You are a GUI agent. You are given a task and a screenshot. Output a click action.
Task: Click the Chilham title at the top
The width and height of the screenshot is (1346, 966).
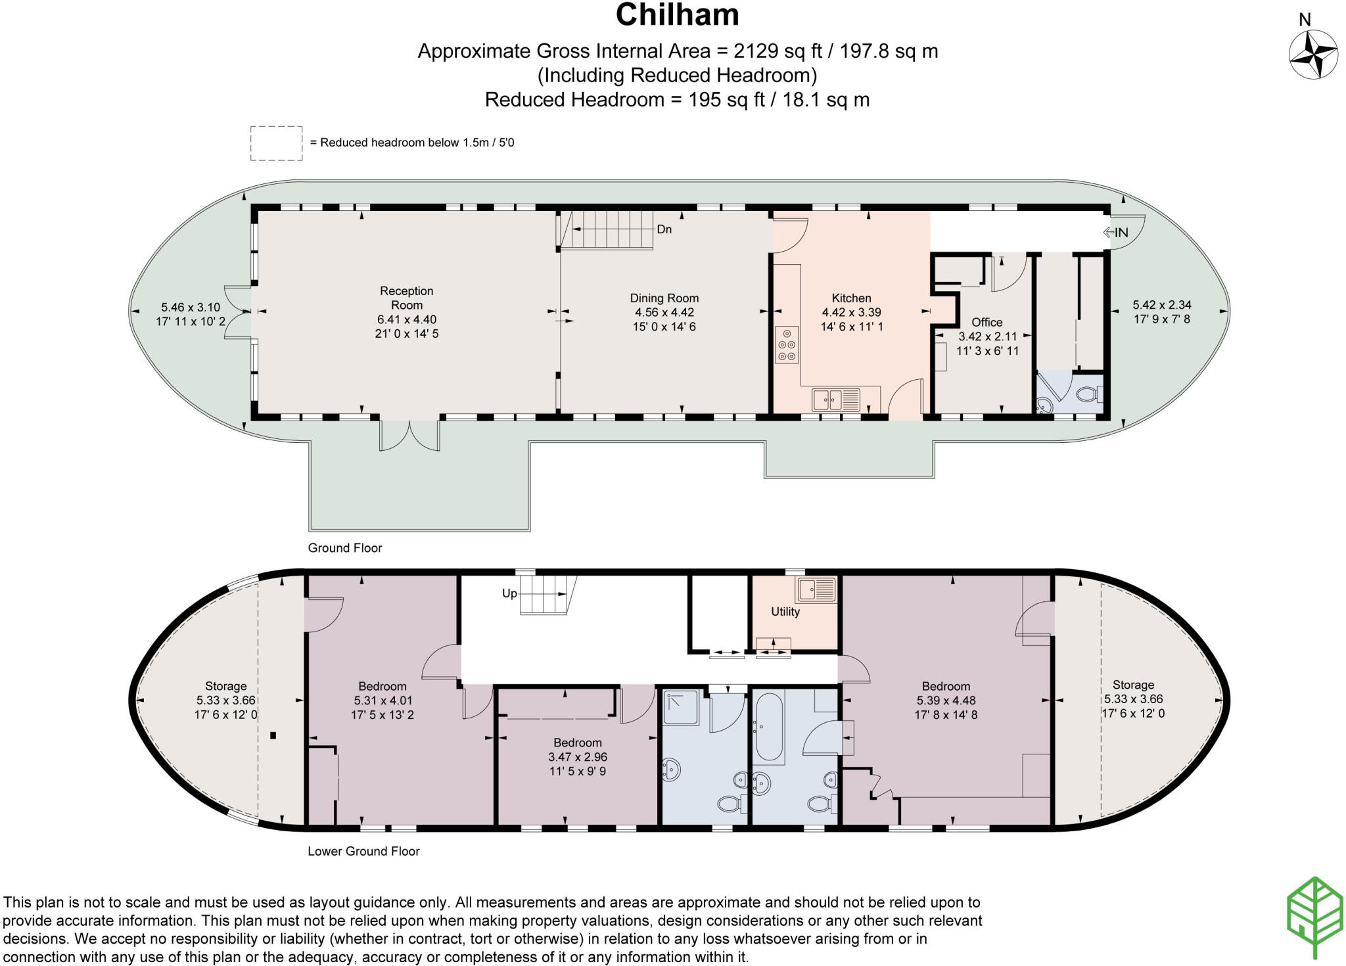point(677,15)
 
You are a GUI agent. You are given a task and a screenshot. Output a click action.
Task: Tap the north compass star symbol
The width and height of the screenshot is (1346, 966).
point(1313,55)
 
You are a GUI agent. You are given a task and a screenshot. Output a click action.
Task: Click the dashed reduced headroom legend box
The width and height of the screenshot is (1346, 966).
point(276,143)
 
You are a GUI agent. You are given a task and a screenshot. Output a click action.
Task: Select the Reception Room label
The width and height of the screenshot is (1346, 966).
point(407,298)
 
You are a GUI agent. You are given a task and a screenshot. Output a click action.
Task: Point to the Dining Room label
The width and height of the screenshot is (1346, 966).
point(664,298)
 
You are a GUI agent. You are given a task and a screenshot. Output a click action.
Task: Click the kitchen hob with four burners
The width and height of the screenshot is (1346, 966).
point(787,344)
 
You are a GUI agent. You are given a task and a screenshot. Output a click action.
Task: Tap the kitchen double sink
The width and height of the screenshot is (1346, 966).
point(836,398)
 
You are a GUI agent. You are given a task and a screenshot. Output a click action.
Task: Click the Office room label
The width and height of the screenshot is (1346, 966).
point(986,322)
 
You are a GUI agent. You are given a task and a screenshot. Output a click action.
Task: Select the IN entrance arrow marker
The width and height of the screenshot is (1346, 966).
point(1115,233)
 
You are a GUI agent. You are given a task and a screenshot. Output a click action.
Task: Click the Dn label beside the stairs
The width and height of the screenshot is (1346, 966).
point(664,229)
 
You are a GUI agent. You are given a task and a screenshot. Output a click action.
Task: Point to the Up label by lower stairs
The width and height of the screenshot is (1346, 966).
point(509,593)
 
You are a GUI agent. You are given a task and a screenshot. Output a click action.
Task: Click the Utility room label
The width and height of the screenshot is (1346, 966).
point(785,612)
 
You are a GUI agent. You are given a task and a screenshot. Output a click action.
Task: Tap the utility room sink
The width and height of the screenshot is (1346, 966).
point(816,589)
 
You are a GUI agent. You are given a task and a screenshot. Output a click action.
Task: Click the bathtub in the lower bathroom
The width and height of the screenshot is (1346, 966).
point(769,727)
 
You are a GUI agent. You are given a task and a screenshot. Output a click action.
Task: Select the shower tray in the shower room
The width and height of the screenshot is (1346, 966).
point(681,707)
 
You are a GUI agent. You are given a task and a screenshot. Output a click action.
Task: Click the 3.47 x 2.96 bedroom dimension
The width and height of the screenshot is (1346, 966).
point(578,757)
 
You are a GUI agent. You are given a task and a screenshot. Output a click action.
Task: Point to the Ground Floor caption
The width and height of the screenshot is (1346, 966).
point(345,548)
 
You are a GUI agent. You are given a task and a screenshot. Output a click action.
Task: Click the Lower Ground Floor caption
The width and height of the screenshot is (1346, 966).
point(363,851)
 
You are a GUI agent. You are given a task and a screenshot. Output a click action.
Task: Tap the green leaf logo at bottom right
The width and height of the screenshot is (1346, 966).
point(1315,917)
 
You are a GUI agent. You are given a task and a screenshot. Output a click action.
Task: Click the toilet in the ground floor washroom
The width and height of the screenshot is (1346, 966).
point(1089,394)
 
